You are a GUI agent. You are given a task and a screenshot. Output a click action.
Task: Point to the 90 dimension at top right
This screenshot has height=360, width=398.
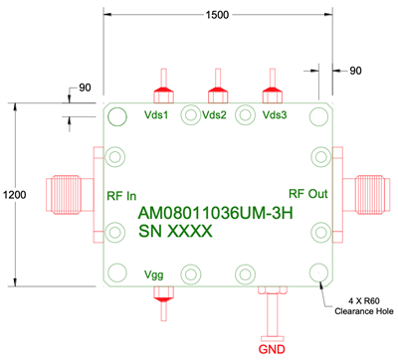(x=355, y=71)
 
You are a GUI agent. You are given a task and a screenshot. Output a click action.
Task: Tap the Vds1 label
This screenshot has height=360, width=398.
(x=157, y=114)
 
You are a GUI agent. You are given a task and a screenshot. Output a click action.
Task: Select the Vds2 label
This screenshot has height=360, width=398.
(x=214, y=114)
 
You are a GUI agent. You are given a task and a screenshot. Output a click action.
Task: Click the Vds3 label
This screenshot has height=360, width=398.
(x=275, y=114)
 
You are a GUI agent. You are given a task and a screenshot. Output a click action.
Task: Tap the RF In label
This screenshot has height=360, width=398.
(x=122, y=195)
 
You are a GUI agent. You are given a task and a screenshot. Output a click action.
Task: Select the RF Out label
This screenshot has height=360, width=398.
(x=305, y=193)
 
